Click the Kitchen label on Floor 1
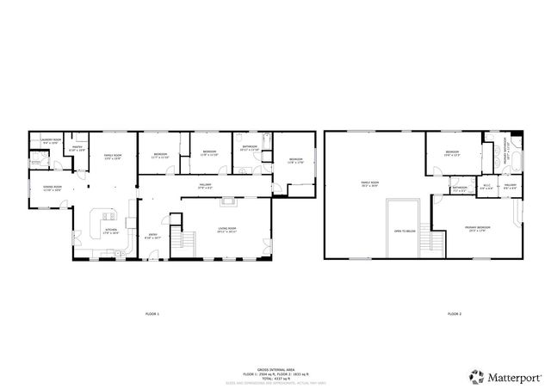point(110,230)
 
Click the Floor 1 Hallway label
point(206,183)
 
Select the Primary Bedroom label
point(476,229)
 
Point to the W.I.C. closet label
point(486,187)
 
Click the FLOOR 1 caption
point(152,314)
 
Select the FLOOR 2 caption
point(455,314)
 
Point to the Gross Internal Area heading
point(277,367)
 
